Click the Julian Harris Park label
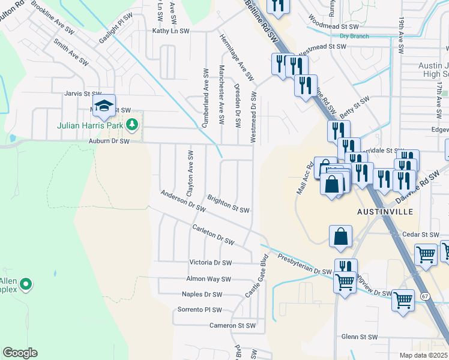coord(89,126)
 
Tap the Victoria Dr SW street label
coord(210,263)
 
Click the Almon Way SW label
coord(208,279)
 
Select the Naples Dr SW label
coord(202,295)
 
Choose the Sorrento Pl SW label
coord(200,310)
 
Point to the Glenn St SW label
coord(359,337)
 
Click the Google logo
coord(20,353)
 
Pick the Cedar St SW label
coord(422,235)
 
